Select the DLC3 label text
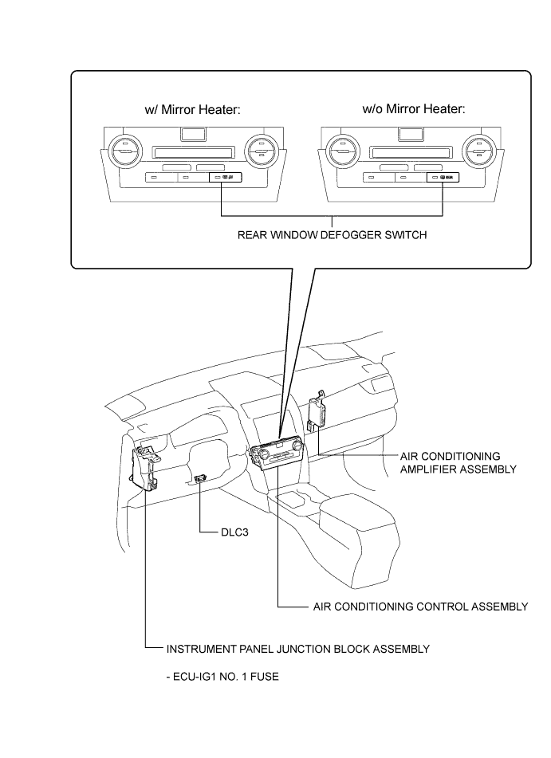235,533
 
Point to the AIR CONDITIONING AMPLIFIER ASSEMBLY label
457,462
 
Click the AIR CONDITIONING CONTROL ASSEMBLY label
419,607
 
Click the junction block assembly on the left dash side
145,470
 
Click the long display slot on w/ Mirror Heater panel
192,150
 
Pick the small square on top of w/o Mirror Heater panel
409,134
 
